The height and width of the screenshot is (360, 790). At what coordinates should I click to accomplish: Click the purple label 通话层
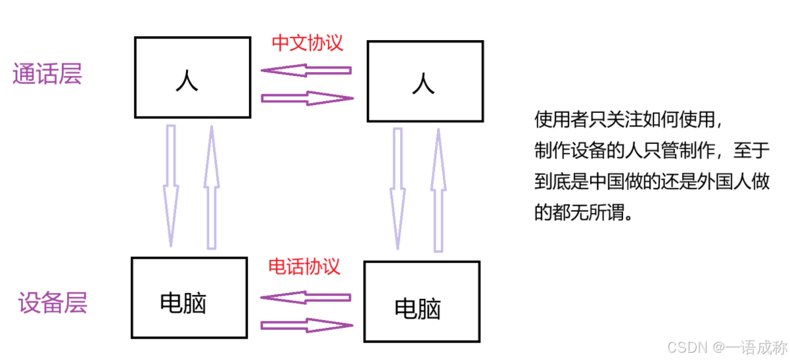[x=47, y=74]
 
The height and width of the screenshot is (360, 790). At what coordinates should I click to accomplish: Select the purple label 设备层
[x=53, y=304]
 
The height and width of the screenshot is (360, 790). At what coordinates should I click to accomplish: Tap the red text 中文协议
[x=308, y=43]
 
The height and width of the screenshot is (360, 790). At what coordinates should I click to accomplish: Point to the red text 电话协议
[x=304, y=266]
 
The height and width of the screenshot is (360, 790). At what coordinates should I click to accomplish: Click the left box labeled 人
[x=193, y=78]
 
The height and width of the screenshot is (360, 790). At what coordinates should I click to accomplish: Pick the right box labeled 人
[x=425, y=81]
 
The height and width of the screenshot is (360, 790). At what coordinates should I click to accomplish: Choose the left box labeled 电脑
[x=189, y=298]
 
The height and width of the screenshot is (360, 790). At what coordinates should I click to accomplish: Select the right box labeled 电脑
[x=421, y=302]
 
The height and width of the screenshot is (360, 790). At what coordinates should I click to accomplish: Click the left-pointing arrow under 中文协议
[x=306, y=70]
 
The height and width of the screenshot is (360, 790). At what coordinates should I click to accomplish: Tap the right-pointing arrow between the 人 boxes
[x=307, y=99]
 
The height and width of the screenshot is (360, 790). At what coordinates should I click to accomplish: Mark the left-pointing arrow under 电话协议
[x=306, y=297]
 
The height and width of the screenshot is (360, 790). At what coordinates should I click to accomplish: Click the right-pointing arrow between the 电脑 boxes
[x=307, y=325]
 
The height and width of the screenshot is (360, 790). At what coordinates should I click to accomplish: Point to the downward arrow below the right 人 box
[x=398, y=189]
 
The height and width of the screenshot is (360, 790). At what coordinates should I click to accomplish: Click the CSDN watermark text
[x=726, y=346]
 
